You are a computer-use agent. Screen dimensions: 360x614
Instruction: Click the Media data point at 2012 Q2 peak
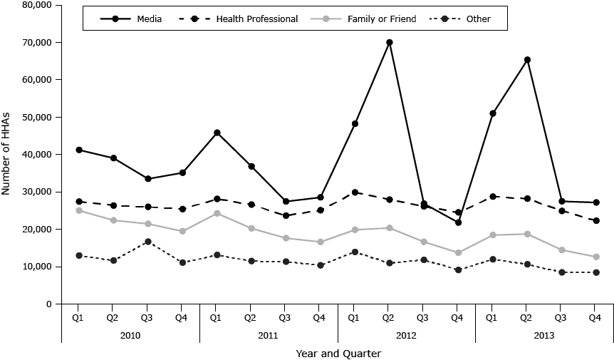(x=389, y=42)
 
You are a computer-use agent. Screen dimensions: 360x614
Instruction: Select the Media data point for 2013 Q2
(x=527, y=60)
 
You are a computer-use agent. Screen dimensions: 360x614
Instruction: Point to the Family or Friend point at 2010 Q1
(x=78, y=210)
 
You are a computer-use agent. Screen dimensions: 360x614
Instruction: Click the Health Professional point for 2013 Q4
(x=595, y=221)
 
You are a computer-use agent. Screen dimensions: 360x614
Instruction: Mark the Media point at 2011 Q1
(x=217, y=133)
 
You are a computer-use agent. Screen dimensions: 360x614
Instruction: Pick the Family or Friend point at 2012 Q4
(x=458, y=252)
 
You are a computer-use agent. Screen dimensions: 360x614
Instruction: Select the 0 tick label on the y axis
(x=47, y=304)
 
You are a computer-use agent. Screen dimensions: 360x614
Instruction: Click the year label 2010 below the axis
(x=130, y=334)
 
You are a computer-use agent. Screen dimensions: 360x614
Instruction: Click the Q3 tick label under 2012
(x=423, y=317)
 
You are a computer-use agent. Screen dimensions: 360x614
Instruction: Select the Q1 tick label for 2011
(x=217, y=317)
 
